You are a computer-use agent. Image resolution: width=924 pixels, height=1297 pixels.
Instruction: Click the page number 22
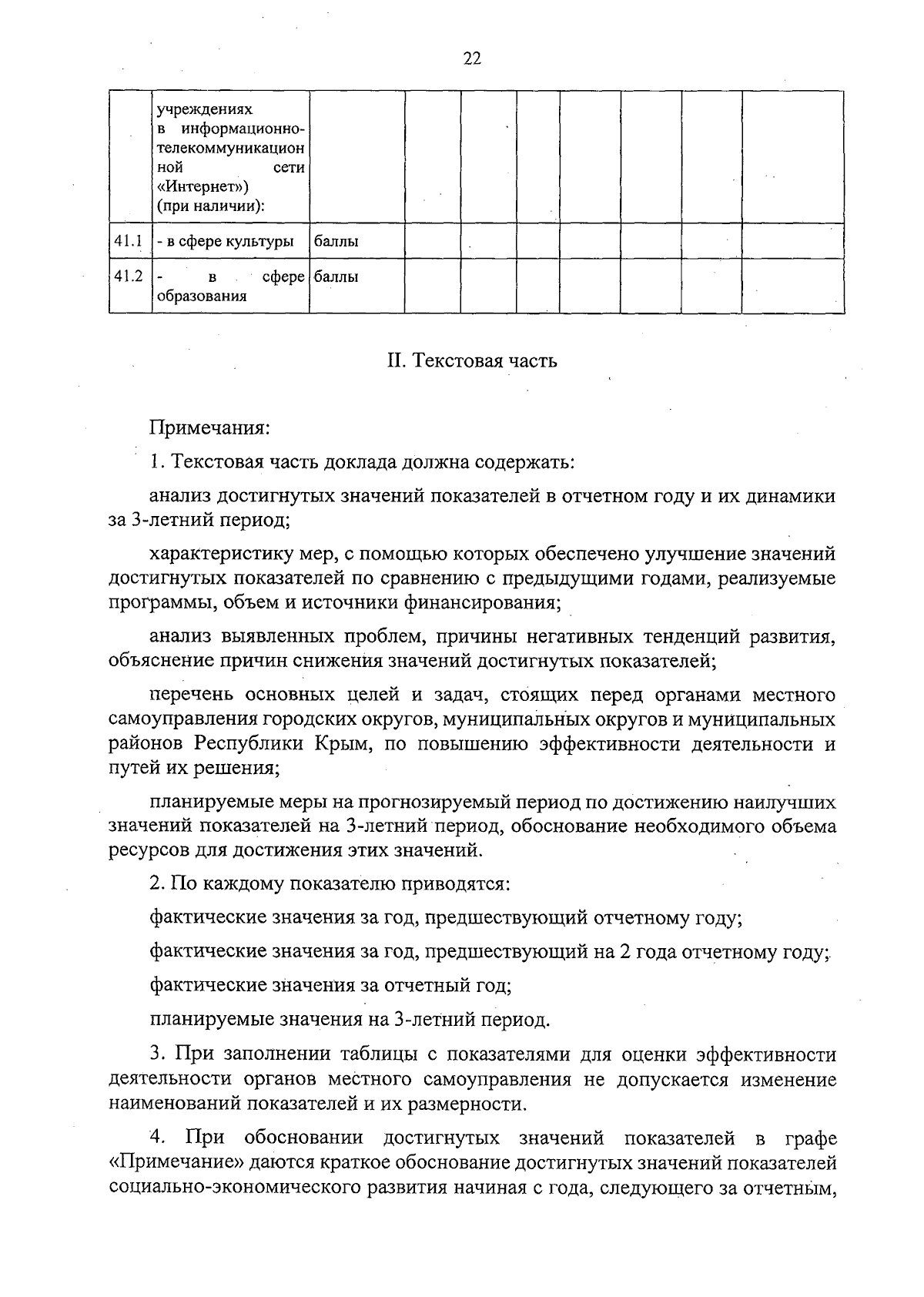coord(472,59)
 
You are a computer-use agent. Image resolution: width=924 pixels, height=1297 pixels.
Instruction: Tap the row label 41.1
coord(129,241)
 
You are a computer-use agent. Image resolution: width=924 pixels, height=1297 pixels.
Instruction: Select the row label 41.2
coord(129,276)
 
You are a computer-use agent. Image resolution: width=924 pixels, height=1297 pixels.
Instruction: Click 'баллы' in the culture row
coord(336,241)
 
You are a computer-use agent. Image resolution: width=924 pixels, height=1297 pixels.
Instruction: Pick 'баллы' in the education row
coord(336,276)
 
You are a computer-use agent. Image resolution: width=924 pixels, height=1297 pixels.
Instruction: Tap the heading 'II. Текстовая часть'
coord(471,360)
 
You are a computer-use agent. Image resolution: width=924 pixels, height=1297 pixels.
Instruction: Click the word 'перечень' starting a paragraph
coord(192,695)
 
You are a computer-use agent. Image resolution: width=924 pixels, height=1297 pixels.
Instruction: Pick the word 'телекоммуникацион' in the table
coord(230,146)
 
